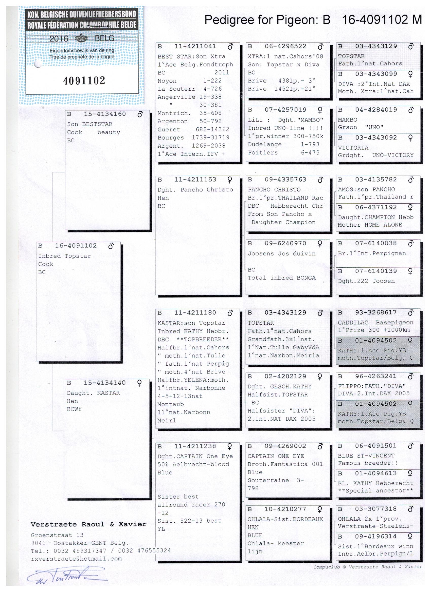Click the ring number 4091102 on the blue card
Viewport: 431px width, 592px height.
point(84,81)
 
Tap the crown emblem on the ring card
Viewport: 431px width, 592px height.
point(82,38)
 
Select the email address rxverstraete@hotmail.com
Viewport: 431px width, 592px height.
point(76,559)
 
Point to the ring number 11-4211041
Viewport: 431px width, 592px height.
point(195,46)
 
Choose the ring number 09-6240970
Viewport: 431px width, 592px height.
point(285,243)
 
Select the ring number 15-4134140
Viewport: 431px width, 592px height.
point(104,383)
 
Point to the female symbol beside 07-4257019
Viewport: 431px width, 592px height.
point(320,110)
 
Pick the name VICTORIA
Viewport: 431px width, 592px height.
point(353,148)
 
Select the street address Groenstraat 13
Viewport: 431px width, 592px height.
point(57,535)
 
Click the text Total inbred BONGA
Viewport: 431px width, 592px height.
point(281,278)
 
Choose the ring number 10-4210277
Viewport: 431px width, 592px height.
point(285,509)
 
